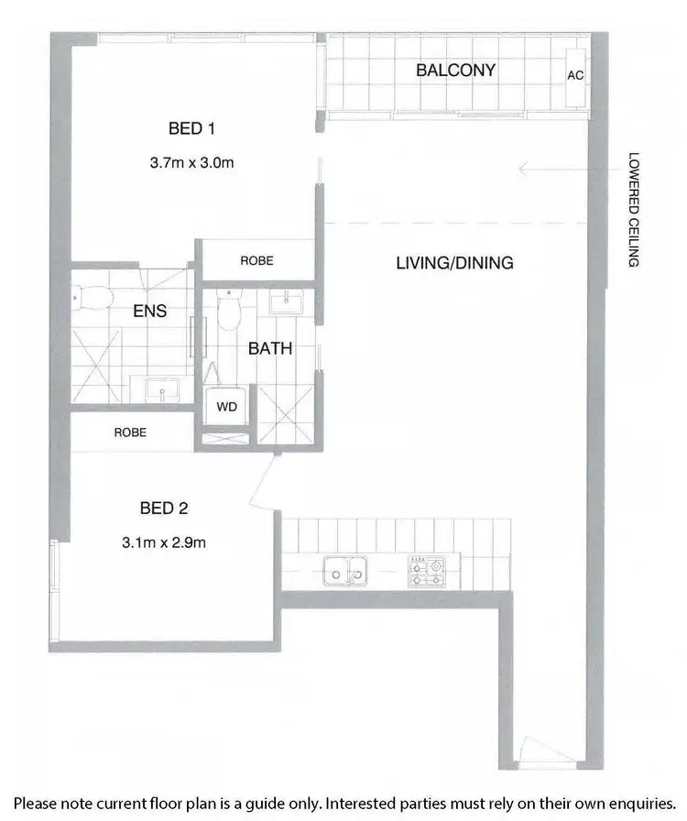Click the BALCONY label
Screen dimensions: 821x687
click(x=455, y=70)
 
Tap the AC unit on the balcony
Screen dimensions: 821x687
click(x=575, y=75)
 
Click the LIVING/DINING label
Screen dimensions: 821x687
click(x=454, y=263)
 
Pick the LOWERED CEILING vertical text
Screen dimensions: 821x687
click(x=632, y=210)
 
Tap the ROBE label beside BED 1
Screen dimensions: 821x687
click(x=256, y=261)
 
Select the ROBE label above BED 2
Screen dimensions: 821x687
click(x=130, y=432)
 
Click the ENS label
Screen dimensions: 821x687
click(x=149, y=312)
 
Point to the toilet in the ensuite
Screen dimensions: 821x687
click(x=92, y=299)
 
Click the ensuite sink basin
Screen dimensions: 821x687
click(x=163, y=392)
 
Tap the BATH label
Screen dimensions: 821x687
click(x=270, y=348)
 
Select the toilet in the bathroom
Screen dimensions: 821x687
click(x=229, y=312)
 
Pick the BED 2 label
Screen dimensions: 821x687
click(x=164, y=507)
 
